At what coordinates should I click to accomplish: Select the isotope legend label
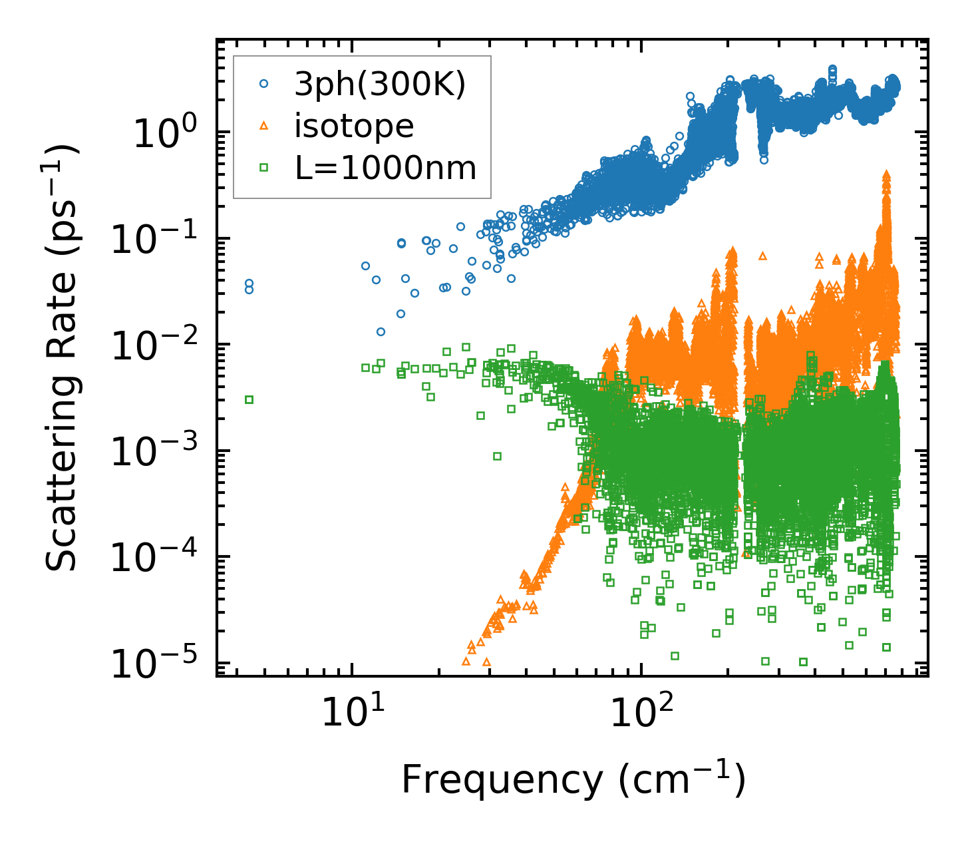coord(354,126)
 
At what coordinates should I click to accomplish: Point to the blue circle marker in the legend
coord(264,84)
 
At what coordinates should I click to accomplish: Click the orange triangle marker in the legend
coord(264,126)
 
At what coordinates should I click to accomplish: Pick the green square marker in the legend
coord(264,168)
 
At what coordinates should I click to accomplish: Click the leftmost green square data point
coord(249,399)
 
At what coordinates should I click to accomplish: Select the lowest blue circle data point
coord(381,331)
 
